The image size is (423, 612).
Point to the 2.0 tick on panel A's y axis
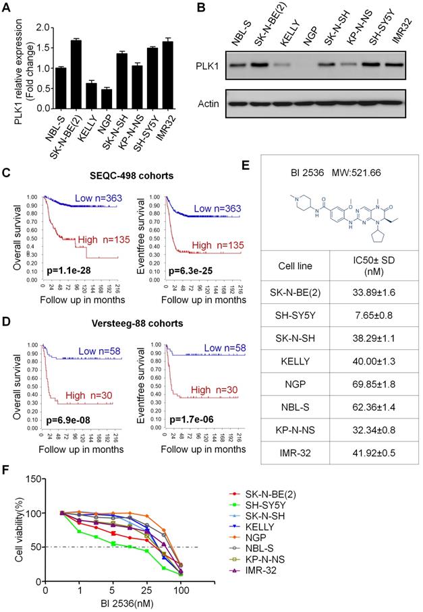click(x=47, y=28)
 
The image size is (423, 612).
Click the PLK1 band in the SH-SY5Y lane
click(x=376, y=65)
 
